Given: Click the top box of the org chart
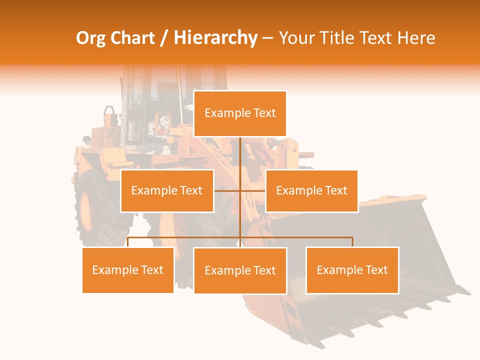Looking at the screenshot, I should (x=240, y=113).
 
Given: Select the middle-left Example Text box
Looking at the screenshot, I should (x=167, y=190).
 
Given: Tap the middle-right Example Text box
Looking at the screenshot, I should (x=311, y=190).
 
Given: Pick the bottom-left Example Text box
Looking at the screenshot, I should (x=128, y=270).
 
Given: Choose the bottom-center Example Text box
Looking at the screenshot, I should (x=240, y=270).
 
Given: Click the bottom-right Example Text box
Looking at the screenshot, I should (x=352, y=270).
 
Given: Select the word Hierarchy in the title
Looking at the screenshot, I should (x=215, y=38).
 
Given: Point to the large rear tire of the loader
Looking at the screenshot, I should (x=97, y=210).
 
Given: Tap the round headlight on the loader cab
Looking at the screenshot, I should (x=163, y=121).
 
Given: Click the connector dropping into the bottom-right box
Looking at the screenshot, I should (x=352, y=242).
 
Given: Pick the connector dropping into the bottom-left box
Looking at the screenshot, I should (x=128, y=242).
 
